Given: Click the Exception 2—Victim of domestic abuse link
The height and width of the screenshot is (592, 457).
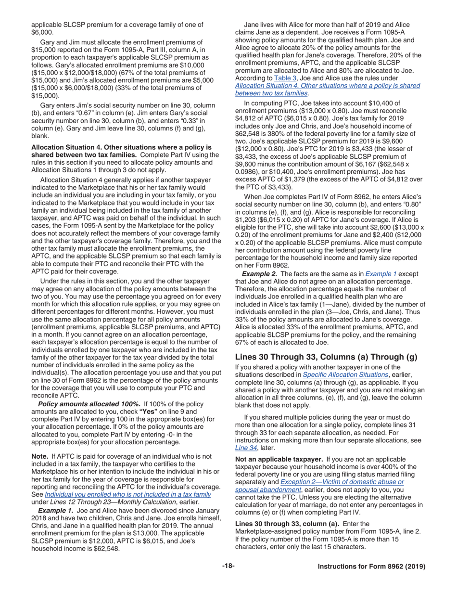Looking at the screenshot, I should (x=342, y=482).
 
